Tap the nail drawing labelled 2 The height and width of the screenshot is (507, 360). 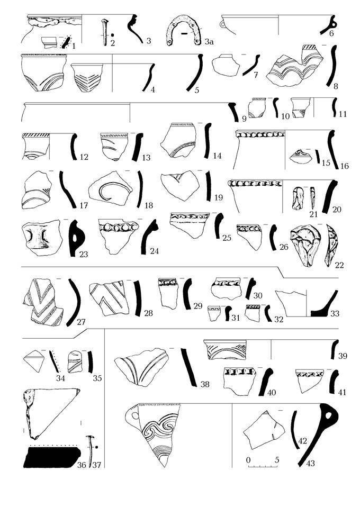tap(104, 33)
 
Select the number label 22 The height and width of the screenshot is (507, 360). tap(339, 265)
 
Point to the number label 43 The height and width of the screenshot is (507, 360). tap(310, 464)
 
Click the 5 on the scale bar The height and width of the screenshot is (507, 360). tap(277, 460)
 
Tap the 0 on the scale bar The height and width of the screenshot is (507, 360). tap(248, 460)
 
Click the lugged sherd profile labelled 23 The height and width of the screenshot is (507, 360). tap(76, 238)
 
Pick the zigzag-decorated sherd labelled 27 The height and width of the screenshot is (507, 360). tap(43, 302)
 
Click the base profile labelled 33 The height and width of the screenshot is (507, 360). tap(325, 304)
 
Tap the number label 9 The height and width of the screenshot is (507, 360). tap(244, 119)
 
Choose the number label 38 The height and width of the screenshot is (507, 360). tap(205, 384)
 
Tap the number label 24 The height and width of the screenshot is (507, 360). tap(154, 251)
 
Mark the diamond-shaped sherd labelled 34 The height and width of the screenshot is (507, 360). tap(34, 360)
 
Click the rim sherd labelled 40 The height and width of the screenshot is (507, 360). tap(239, 381)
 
